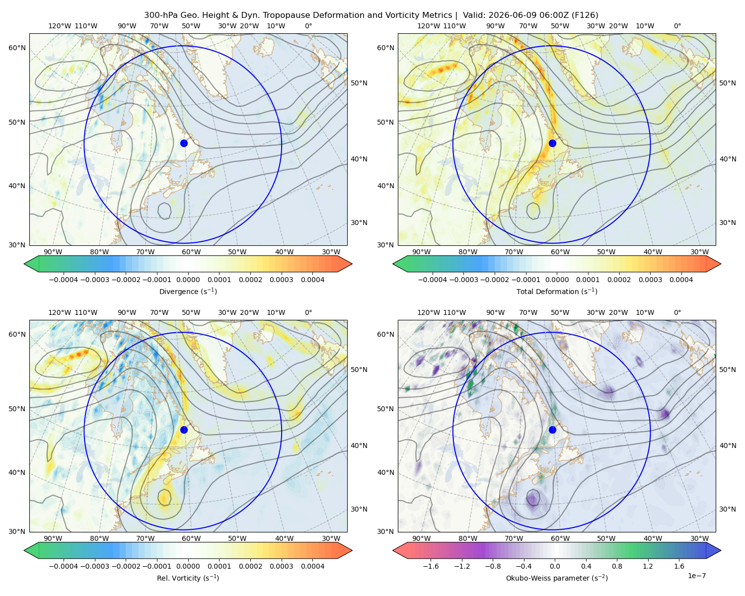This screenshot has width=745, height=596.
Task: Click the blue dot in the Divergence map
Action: (x=184, y=143)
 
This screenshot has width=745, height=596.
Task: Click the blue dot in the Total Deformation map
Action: (x=552, y=143)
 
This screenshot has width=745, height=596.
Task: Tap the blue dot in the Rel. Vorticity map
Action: (x=184, y=430)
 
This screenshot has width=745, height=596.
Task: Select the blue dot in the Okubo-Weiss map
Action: (x=552, y=430)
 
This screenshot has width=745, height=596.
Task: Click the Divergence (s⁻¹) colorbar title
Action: (x=188, y=292)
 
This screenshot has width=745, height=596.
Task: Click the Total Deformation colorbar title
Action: (x=557, y=292)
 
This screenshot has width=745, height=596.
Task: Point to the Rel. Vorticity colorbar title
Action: (x=188, y=578)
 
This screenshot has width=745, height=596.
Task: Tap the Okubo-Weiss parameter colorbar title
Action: (x=557, y=578)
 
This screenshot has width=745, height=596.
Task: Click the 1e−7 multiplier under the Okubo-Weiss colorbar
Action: (x=696, y=576)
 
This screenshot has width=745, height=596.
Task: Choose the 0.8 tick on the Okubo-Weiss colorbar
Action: (x=617, y=566)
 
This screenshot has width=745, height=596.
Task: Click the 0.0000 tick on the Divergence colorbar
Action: (x=188, y=280)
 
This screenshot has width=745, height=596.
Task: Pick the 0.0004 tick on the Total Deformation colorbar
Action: (x=681, y=280)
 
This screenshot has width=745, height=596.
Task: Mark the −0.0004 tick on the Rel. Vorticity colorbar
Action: (x=64, y=566)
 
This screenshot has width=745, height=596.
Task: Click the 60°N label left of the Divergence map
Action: (x=17, y=48)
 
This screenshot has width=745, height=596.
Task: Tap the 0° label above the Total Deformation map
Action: (x=677, y=26)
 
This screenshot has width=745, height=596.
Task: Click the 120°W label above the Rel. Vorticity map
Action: (x=60, y=312)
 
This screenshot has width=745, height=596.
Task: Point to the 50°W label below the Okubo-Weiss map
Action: (x=606, y=538)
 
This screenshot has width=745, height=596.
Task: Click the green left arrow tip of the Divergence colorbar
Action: (x=24, y=264)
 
